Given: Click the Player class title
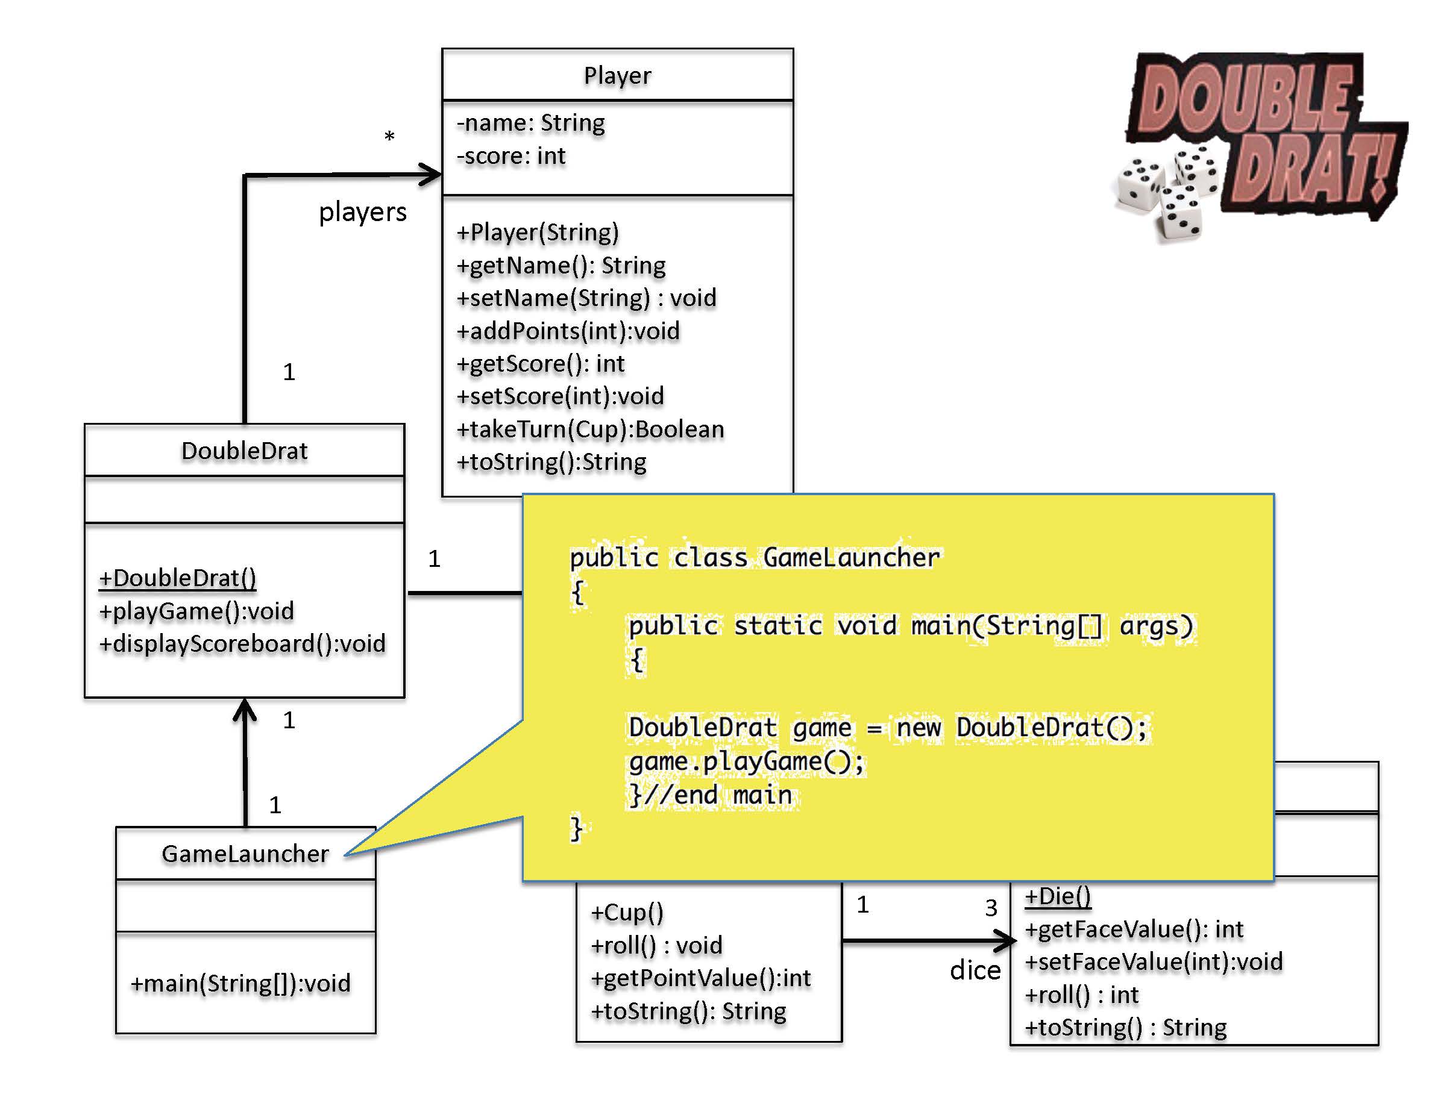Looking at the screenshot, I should pos(617,76).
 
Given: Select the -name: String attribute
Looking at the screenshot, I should pos(530,123).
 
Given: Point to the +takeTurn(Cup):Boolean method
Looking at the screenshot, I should pos(590,429).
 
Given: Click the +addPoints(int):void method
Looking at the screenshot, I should pos(568,331).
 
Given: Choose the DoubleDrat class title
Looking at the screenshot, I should pos(244,451).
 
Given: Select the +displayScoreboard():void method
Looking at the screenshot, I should pos(242,644).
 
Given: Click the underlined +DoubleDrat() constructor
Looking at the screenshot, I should pos(177,578).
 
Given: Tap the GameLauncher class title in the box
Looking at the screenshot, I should pos(245,854).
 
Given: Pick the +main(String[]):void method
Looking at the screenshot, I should pos(240,984).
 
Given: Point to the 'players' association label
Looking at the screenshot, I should pos(363,212).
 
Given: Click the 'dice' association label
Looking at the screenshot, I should pos(975,970).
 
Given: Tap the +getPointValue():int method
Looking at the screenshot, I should pos(700,978).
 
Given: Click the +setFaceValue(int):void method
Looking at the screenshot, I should pos(1154,962).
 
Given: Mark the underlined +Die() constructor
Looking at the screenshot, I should pos(1057,896).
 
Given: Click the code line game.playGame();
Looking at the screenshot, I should pos(746,761).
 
